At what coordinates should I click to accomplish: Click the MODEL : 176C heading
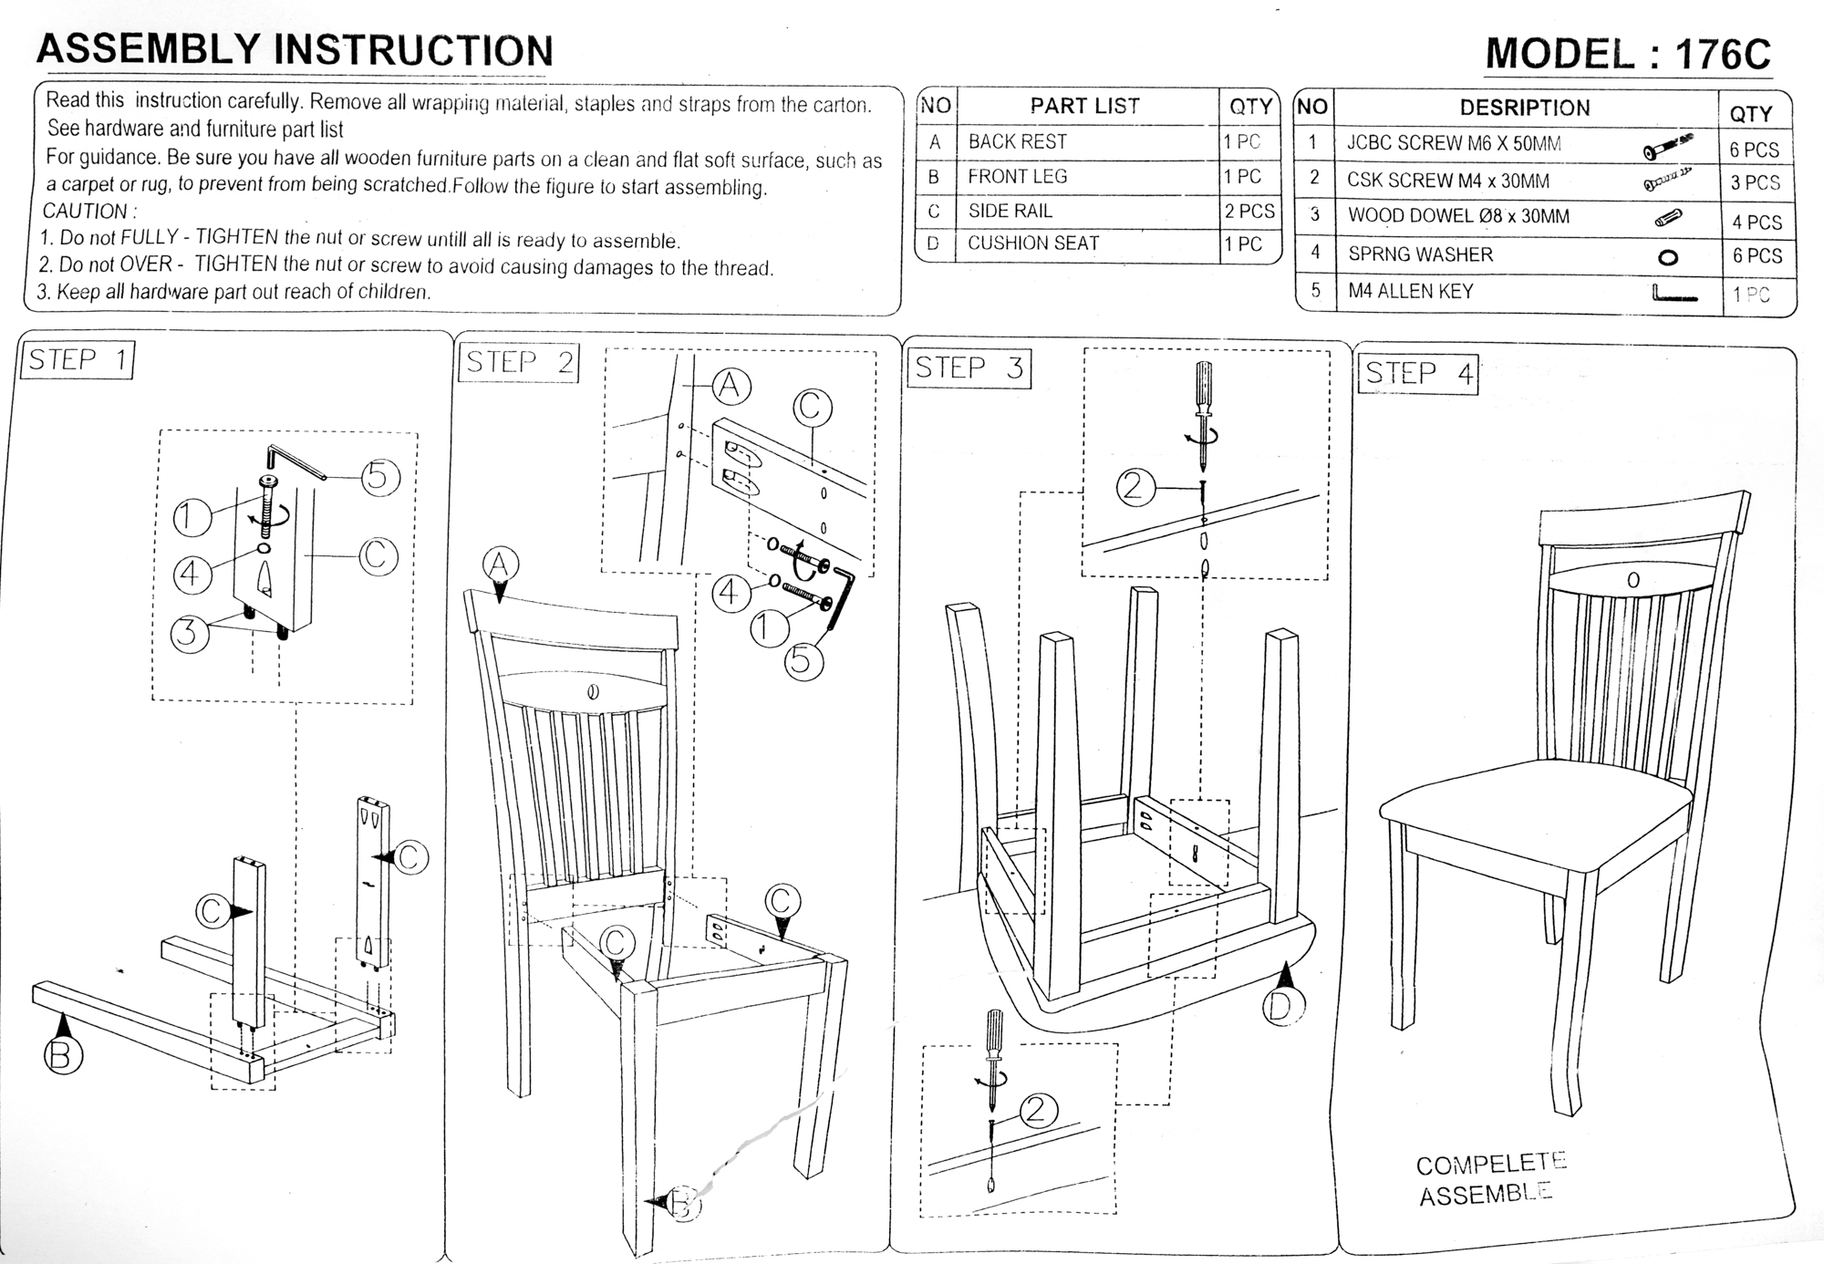(1628, 54)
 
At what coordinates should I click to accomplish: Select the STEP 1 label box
(78, 360)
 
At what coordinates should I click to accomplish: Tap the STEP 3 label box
(969, 368)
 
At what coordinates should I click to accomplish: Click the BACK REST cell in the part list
(1017, 142)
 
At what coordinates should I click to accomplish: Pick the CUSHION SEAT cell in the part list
(1033, 243)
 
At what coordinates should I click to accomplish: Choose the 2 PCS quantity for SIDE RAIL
(1249, 211)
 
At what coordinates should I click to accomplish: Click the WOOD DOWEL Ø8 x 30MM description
(1458, 217)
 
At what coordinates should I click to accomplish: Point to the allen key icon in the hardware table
(1674, 294)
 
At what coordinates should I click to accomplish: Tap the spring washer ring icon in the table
(1668, 257)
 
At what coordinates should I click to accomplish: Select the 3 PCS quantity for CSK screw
(1756, 182)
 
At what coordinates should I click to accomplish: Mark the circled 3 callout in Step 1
(189, 632)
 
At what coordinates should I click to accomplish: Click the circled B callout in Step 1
(63, 1056)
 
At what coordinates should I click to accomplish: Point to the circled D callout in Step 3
(1284, 1007)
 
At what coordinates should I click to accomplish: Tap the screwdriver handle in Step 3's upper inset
(1205, 387)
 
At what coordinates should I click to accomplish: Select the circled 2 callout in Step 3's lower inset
(1037, 1110)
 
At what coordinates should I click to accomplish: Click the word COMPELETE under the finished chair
(1490, 1164)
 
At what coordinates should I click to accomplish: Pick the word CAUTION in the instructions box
(88, 212)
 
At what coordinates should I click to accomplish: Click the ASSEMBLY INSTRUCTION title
(295, 50)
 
